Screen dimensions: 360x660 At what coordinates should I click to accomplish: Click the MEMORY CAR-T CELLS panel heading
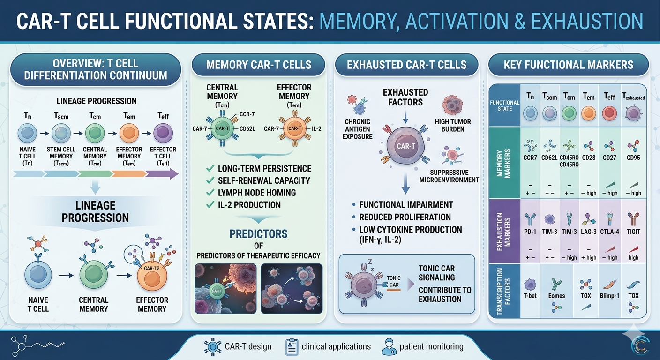pos(259,65)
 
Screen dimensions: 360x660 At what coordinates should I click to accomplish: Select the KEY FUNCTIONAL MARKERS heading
pos(568,65)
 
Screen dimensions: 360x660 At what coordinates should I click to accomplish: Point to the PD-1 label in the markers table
pos(530,232)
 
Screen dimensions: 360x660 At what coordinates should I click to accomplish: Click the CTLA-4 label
pos(609,232)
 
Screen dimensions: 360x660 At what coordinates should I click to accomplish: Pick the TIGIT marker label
pos(633,232)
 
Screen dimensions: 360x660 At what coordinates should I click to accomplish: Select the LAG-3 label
pos(588,232)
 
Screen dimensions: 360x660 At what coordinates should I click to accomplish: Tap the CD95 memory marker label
pos(633,157)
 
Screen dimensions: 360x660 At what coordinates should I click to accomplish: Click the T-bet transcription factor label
pos(530,296)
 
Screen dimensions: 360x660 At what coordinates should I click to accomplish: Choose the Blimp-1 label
pos(609,296)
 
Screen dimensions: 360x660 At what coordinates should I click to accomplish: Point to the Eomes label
pos(556,296)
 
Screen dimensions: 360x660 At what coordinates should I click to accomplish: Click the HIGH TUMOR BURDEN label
pos(452,125)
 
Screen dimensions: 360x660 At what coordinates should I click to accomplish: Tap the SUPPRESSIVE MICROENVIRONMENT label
pos(449,176)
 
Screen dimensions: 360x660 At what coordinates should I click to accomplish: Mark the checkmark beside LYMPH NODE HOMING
pos(210,193)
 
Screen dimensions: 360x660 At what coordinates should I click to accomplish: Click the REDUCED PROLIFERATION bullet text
pos(405,217)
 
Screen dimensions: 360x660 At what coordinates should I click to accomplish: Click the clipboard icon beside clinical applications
pos(292,347)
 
